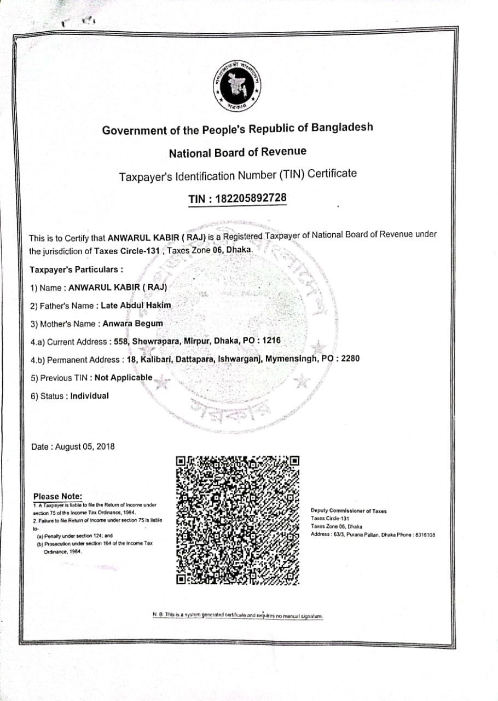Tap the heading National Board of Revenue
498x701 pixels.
coord(238,152)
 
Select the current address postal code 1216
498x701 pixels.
coord(271,341)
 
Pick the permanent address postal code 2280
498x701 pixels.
coord(350,359)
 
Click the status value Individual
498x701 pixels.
coord(90,395)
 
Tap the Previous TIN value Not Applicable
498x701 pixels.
coord(124,377)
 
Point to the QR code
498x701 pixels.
coord(238,519)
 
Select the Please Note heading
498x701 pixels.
coord(57,496)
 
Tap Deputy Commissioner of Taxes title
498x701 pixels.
coord(349,511)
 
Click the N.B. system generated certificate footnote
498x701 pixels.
coord(238,615)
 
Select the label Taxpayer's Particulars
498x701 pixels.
coord(76,269)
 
